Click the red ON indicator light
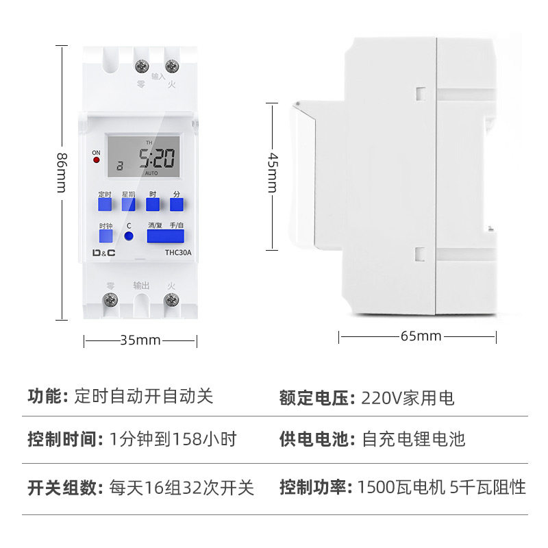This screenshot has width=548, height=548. tap(97, 160)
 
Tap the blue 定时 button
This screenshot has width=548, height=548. tap(105, 204)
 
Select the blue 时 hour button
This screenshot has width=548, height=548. tap(152, 204)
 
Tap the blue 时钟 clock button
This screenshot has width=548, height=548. tap(105, 237)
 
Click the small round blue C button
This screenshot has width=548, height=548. tap(128, 236)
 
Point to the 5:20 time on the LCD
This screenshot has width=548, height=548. tap(157, 160)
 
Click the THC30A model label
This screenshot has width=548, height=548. tap(178, 252)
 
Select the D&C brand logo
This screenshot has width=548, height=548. tap(104, 252)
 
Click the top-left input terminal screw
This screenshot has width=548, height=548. tap(143, 66)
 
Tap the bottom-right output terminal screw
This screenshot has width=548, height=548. tap(171, 299)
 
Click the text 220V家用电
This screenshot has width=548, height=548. tap(408, 398)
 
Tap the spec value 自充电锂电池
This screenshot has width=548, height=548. tap(413, 439)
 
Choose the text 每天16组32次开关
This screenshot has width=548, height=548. tap(182, 488)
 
